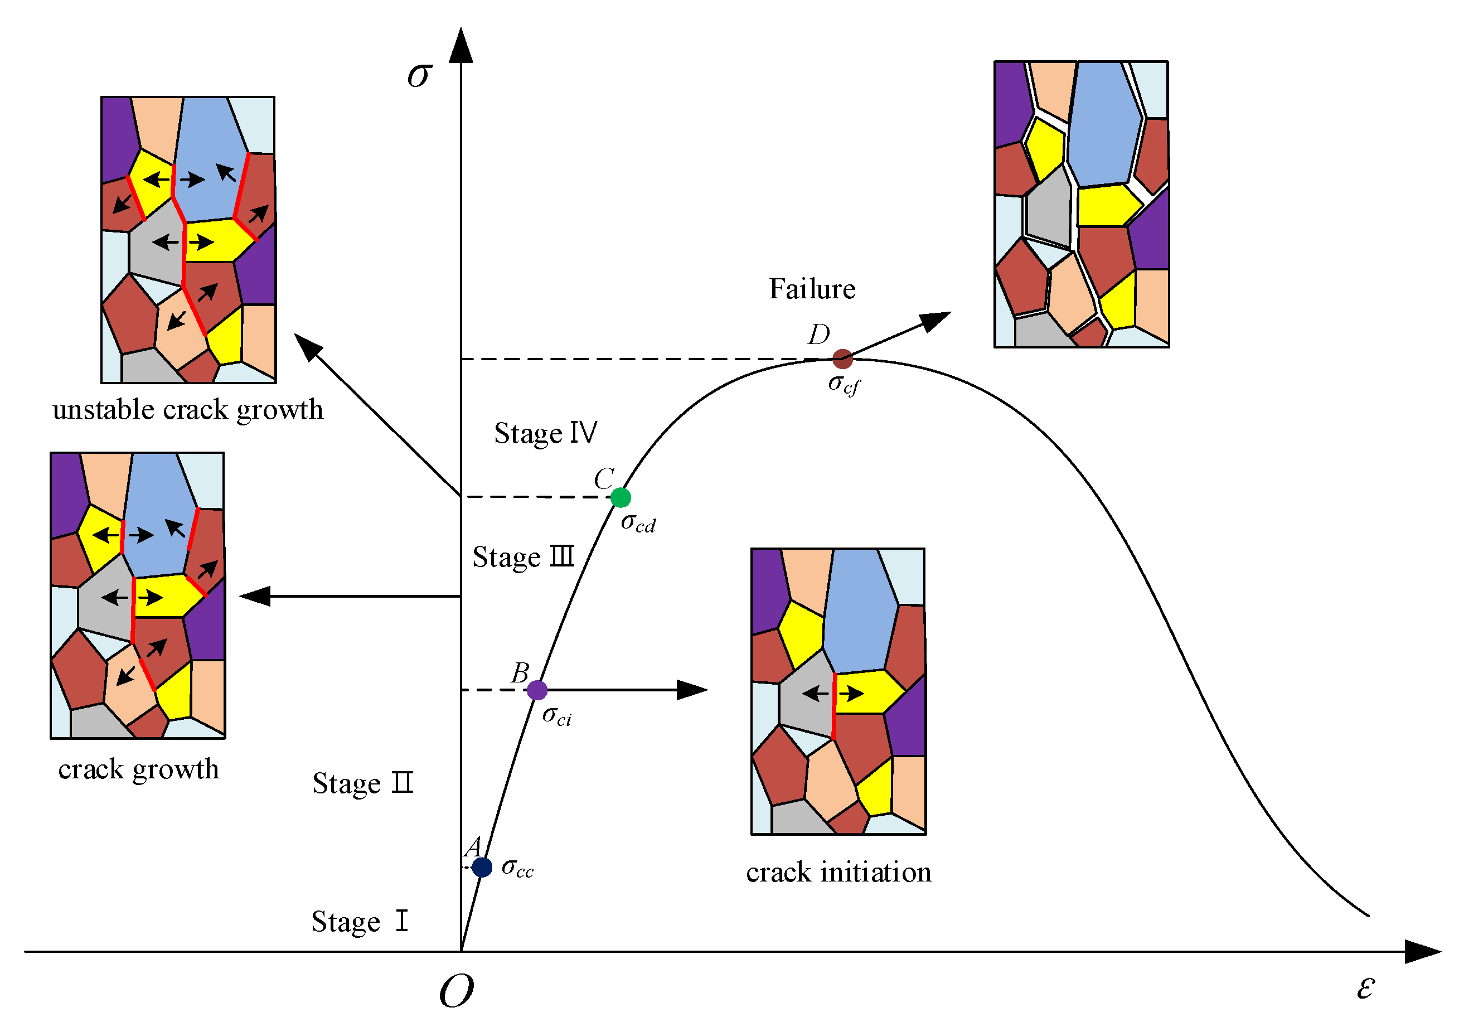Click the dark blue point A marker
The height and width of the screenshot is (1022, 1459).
pos(482,867)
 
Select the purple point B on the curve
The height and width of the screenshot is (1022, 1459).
pos(537,690)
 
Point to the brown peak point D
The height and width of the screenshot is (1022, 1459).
pos(842,359)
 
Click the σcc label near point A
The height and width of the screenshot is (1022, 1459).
pos(517,868)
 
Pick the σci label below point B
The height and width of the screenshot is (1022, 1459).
pos(556,716)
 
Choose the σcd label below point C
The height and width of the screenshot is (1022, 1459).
pos(638,523)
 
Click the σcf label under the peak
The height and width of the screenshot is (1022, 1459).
pos(844,385)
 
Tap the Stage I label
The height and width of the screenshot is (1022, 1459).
pos(360,922)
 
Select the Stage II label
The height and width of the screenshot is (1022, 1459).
pos(363,783)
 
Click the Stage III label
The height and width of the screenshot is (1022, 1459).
pos(524,558)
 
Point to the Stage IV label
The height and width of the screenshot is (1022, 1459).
pos(546,433)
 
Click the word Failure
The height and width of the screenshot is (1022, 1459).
pos(812,289)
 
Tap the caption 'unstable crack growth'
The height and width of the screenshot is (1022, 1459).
pos(188,410)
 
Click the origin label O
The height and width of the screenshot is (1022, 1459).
pos(456,991)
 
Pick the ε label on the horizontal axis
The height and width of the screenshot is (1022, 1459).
pos(1365,987)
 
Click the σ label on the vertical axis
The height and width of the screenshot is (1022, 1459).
pos(420,75)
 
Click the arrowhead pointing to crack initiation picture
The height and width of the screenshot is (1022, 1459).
pos(692,690)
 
